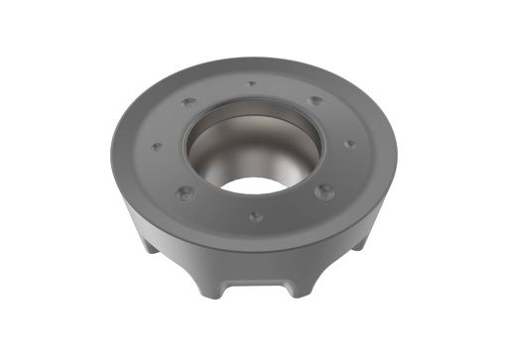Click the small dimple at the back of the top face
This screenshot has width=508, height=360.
[252, 84]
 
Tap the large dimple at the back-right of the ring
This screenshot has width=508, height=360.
[315, 100]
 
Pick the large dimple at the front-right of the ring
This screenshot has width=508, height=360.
[323, 190]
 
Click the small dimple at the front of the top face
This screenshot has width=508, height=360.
[255, 215]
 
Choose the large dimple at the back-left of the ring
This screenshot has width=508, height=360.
[188, 102]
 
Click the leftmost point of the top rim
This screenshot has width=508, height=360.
[111, 149]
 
